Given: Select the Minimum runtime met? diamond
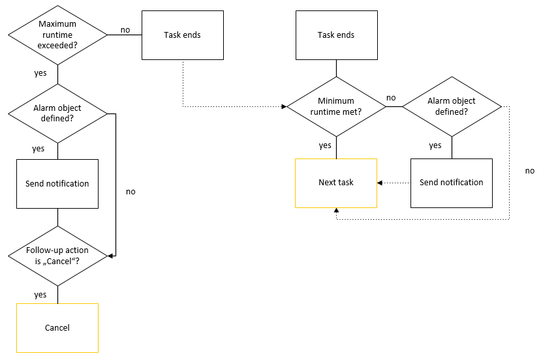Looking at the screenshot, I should pos(336,106).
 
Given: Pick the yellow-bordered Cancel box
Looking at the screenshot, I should pos(57,327).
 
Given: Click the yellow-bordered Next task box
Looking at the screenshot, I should pos(336,183).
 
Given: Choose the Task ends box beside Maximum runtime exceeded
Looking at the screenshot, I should pos(182,35).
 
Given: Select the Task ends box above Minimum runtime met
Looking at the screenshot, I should pos(336,35).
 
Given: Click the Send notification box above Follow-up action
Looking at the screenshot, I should pos(57,184).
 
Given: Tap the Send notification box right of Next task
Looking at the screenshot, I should pos(452,183).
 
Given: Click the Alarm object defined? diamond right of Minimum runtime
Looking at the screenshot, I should pos(452,106).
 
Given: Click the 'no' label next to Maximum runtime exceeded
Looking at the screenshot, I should pos(124,29).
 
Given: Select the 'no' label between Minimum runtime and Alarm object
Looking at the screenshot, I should pos(391,98).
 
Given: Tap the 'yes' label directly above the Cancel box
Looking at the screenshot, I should pos(40,295).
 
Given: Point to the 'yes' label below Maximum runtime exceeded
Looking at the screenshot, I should pos(40,73).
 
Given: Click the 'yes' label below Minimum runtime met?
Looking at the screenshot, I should pos(325,145).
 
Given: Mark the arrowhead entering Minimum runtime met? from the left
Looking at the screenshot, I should pos(285,106).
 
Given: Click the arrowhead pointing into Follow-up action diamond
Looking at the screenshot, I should pos(111,256).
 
